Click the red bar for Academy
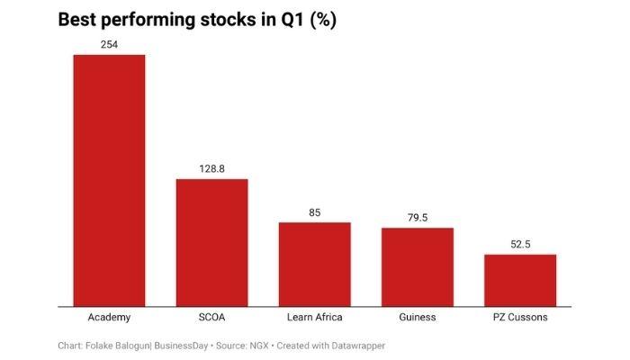point(109,180)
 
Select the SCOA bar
point(211,242)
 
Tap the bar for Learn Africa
point(314,264)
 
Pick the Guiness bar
point(418,266)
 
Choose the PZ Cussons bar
point(520,280)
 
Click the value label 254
point(109,45)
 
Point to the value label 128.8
point(211,169)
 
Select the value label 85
point(314,212)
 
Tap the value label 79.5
point(418,218)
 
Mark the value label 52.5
point(520,245)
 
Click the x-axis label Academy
point(109,318)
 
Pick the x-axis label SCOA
point(211,318)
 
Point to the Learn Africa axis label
point(314,318)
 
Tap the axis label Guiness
point(418,318)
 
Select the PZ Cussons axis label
point(520,318)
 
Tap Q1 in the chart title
point(289,20)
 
